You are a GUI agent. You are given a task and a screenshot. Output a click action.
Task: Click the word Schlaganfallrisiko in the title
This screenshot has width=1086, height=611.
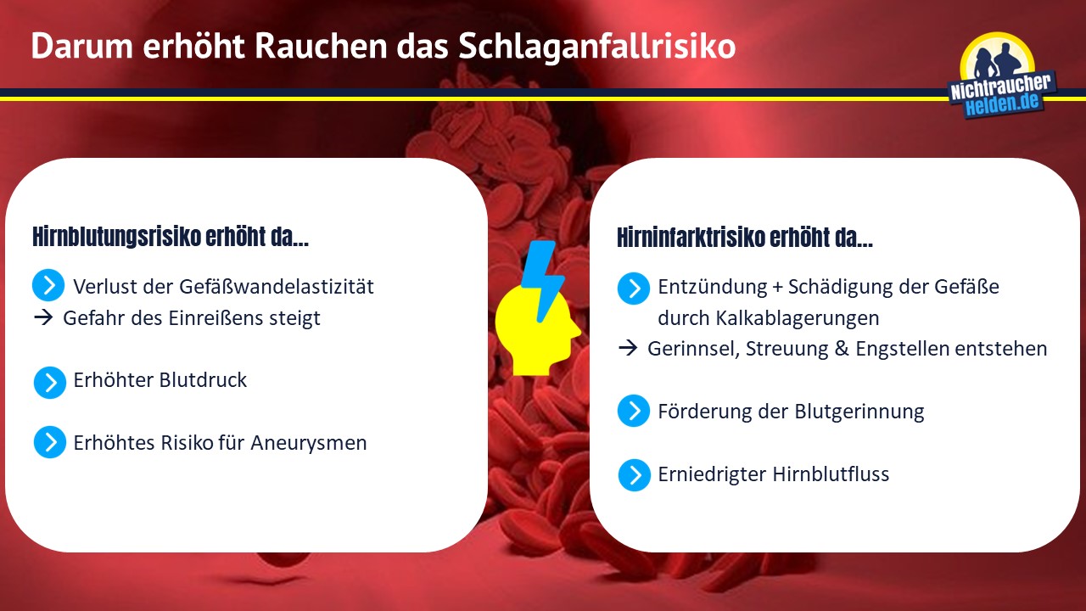pyautogui.click(x=596, y=47)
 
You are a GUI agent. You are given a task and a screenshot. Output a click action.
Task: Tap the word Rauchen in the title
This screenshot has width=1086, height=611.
pyautogui.click(x=321, y=46)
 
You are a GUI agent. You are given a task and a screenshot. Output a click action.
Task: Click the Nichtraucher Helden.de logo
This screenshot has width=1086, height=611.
pyautogui.click(x=1002, y=76)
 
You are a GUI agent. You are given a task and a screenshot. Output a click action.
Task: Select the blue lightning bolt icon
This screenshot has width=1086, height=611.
pyautogui.click(x=543, y=280)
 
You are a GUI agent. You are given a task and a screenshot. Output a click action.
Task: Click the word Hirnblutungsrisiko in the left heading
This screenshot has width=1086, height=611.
pyautogui.click(x=116, y=237)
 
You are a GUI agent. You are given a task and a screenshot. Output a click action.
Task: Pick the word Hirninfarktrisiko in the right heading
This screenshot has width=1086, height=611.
pyautogui.click(x=691, y=238)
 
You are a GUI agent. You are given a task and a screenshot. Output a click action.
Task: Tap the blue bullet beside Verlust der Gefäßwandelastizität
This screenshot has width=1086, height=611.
pyautogui.click(x=48, y=285)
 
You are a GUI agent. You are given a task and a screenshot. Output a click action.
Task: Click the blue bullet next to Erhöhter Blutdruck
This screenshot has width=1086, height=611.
pyautogui.click(x=50, y=382)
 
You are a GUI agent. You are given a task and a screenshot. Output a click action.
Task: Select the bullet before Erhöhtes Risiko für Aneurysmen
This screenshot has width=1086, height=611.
pyautogui.click(x=50, y=442)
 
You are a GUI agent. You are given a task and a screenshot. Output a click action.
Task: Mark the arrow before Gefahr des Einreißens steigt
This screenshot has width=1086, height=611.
pyautogui.click(x=43, y=317)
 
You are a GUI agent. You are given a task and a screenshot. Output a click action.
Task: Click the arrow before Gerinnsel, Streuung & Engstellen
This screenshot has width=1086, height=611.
pyautogui.click(x=628, y=348)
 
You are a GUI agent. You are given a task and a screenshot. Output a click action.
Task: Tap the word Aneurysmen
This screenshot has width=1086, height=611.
pyautogui.click(x=308, y=443)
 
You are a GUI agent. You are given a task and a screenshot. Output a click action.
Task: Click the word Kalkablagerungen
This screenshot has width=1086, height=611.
pyautogui.click(x=797, y=318)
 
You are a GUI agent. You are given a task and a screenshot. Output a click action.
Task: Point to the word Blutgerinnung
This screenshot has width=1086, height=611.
pyautogui.click(x=859, y=412)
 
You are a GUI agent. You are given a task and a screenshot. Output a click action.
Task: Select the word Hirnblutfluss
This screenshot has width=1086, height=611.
pyautogui.click(x=831, y=474)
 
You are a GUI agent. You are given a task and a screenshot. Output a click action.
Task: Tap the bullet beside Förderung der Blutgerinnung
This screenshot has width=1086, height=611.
pyautogui.click(x=634, y=411)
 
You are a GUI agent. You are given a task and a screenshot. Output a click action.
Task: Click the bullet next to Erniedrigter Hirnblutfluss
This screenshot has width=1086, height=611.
pyautogui.click(x=634, y=474)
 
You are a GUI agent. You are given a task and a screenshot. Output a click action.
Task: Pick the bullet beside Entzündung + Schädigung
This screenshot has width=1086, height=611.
pyautogui.click(x=634, y=288)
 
